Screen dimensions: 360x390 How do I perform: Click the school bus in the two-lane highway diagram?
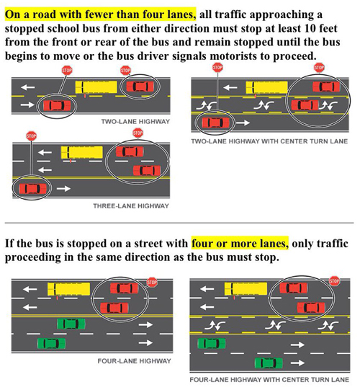coord(96,87)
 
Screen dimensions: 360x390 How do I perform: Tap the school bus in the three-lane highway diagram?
coord(82,152)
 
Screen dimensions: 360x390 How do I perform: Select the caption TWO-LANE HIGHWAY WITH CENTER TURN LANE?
coord(269,141)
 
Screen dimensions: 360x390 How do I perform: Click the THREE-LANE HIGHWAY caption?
coord(131,206)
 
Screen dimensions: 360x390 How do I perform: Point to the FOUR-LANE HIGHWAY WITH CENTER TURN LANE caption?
coord(269,380)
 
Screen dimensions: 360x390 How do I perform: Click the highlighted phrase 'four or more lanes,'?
coord(240,243)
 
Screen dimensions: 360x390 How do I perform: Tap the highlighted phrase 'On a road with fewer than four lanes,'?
coord(100,14)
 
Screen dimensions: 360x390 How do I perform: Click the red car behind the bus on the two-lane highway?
coord(140,87)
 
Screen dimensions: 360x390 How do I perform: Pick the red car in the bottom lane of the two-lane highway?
coord(57,105)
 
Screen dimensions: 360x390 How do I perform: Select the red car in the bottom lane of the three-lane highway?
coord(33,189)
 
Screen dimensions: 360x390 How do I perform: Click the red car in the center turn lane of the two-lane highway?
coord(305,105)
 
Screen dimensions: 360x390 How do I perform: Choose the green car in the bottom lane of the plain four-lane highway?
coord(51,343)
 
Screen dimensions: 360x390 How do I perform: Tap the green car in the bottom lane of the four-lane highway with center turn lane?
coord(269,363)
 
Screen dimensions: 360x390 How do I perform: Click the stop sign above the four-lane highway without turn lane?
coord(151,283)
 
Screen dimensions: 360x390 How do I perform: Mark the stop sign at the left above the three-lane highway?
coord(31,136)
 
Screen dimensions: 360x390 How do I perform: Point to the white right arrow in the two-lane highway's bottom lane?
coord(27,105)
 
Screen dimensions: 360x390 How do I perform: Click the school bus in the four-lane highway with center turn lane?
coord(246,288)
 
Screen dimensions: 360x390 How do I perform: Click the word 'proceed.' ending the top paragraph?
coord(295,56)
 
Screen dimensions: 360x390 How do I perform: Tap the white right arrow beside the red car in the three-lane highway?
coord(63,189)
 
